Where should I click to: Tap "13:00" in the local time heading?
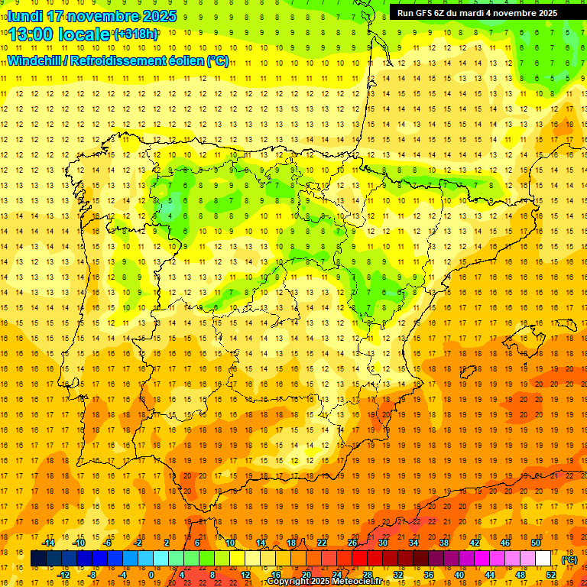point(32,34)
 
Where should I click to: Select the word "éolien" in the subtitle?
point(182,60)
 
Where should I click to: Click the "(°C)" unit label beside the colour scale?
point(569,559)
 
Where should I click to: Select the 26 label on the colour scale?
point(352,543)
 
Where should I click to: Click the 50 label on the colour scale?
point(536,543)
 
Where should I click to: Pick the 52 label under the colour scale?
point(551,574)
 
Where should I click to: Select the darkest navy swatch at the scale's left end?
point(38,559)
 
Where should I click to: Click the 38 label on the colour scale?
point(444,543)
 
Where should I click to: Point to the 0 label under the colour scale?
point(151,574)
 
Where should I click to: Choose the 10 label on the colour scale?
point(230,543)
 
